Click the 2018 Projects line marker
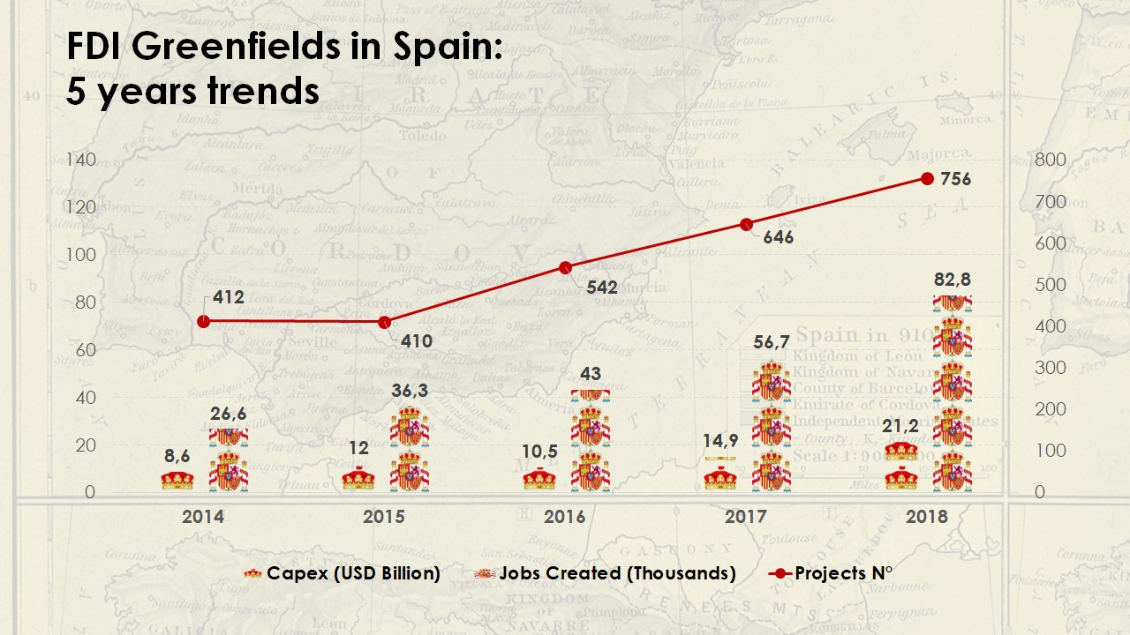pos(927,178)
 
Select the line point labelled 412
pos(204,321)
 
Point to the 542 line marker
pos(565,268)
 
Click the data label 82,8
pos(953,280)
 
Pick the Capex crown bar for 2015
pos(358,479)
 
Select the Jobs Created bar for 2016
pos(591,441)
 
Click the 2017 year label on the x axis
pos(745,517)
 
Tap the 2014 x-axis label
pos(203,517)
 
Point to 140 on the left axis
pos(80,160)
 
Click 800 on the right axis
pos(1051,160)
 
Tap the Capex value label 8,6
pos(177,456)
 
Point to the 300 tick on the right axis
pos(1051,368)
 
